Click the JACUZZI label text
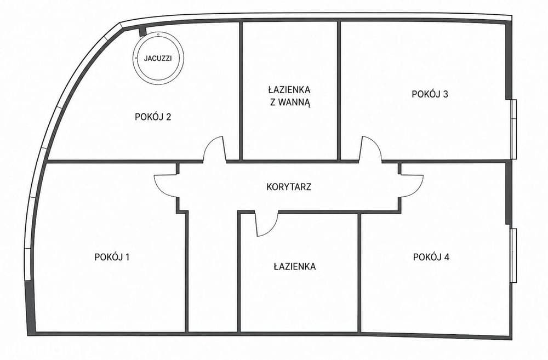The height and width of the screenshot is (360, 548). click(158, 59)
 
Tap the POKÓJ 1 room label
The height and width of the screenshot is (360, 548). click(112, 257)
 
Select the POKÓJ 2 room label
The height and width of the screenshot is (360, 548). click(153, 117)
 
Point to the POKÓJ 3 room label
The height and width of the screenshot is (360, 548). click(430, 94)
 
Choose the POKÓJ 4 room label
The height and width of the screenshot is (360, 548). click(431, 257)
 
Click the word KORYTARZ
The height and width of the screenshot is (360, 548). click(289, 187)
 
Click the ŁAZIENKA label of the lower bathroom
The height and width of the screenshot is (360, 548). click(295, 267)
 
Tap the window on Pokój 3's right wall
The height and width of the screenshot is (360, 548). click(513, 129)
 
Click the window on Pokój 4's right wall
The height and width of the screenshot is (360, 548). click(513, 255)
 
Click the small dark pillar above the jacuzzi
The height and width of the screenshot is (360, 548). click(142, 32)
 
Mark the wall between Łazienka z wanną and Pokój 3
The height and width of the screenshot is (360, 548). click(339, 91)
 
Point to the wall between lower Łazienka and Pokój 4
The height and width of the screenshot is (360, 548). click(359, 273)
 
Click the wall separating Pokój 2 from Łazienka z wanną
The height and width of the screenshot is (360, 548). click(241, 91)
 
